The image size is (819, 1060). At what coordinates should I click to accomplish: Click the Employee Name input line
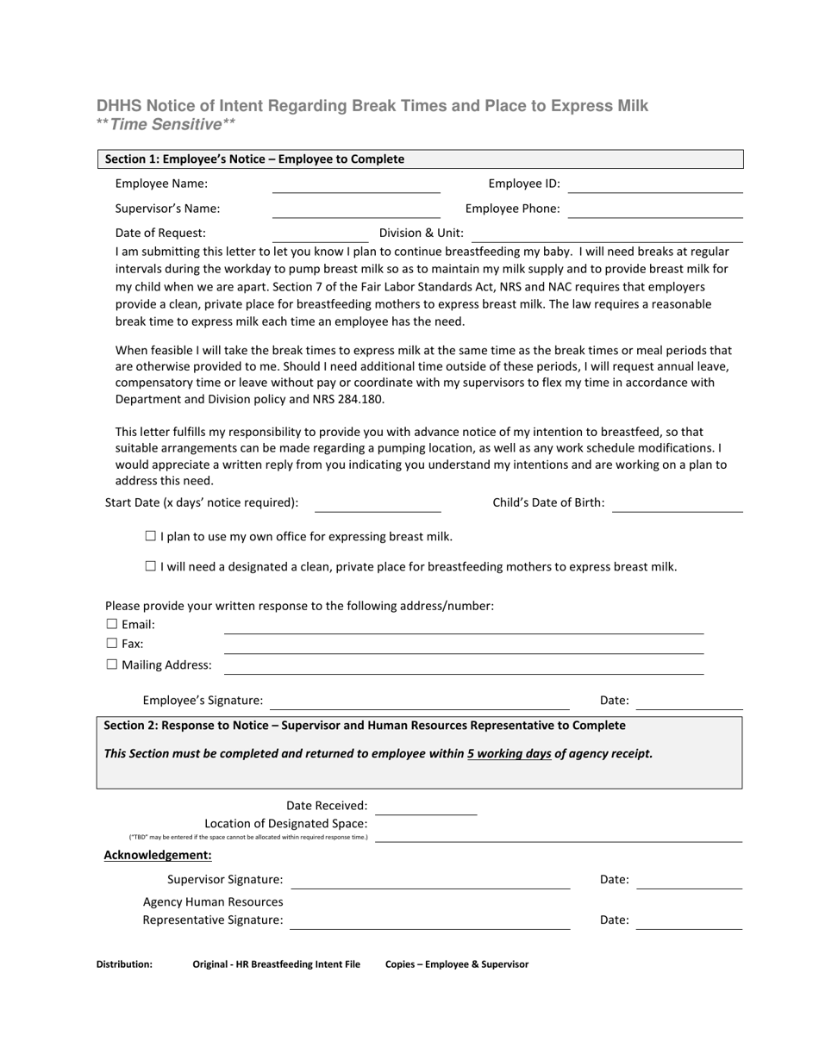point(356,185)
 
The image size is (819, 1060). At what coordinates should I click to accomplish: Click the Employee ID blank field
point(655,185)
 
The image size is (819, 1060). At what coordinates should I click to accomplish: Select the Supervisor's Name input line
point(356,210)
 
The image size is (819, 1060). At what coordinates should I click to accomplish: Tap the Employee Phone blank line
point(655,210)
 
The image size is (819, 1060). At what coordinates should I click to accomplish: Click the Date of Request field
point(320,234)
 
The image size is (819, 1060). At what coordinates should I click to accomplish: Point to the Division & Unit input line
point(607,234)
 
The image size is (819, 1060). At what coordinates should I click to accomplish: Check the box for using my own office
point(151,536)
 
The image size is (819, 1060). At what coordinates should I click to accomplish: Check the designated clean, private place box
point(151,566)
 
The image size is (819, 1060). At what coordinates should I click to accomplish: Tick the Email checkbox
point(111,624)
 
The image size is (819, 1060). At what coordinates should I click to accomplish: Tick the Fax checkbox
point(111,643)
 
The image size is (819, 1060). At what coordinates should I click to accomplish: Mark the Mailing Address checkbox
point(111,664)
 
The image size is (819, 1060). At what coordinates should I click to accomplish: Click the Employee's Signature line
point(420,702)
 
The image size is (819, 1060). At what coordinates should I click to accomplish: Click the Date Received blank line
point(426,807)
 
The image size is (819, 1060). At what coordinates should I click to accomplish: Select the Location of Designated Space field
point(559,834)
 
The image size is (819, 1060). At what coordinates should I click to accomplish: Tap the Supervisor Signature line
point(430,881)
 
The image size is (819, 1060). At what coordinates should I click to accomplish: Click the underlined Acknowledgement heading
point(158,855)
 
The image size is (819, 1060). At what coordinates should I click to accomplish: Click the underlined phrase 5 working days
point(510,753)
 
